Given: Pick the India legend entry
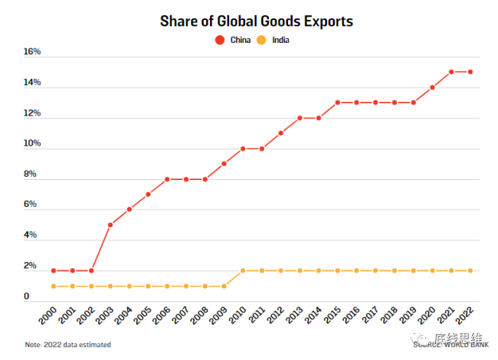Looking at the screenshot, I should (273, 41).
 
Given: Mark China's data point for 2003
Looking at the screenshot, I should (110, 224).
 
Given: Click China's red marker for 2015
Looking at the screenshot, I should (338, 103).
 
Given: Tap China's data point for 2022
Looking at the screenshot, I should (470, 72).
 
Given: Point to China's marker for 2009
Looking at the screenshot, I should (224, 163).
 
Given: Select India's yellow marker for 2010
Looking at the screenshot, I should (243, 270).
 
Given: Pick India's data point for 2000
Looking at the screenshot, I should (54, 286).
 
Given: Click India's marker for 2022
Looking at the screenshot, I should (470, 270).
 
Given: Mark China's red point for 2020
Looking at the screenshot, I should (432, 87).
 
